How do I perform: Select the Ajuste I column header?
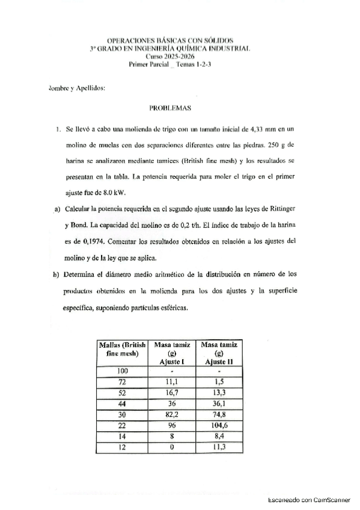[172, 362]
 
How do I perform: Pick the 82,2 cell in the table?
[172, 416]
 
